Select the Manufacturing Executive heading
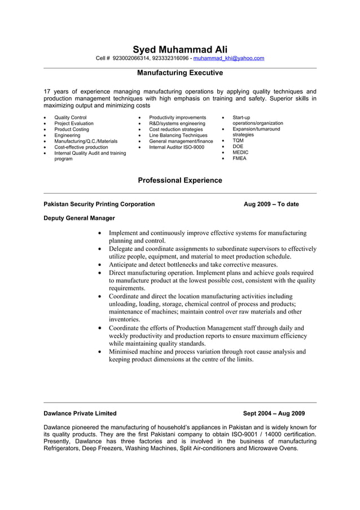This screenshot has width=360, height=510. point(180,73)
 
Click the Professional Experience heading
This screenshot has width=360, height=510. point(180,180)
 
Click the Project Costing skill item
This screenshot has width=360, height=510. point(72,129)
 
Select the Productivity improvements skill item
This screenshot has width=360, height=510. point(178,117)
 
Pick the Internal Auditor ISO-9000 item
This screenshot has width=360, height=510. point(177,147)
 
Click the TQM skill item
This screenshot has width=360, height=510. point(238,141)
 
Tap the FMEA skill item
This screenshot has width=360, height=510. point(239,159)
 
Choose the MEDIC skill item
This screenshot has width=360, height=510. point(240,152)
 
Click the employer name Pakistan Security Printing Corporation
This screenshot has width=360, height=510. point(99,204)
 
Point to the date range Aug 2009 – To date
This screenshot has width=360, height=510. point(271,204)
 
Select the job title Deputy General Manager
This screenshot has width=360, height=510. point(79,218)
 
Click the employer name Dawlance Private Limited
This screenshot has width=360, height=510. point(80,413)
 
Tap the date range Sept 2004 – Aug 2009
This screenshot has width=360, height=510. point(274,413)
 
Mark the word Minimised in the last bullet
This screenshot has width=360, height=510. point(126,351)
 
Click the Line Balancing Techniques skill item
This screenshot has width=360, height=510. point(178,135)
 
